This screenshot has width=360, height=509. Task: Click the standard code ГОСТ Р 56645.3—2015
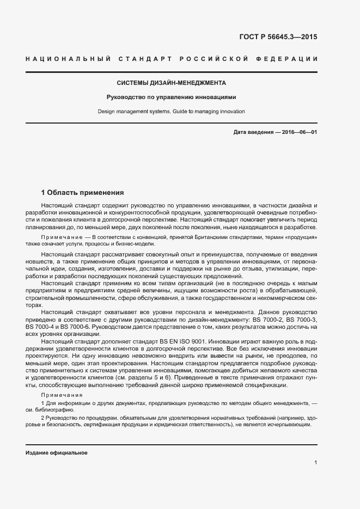(x=278, y=38)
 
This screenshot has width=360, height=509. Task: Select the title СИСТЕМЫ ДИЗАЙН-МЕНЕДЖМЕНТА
(x=172, y=83)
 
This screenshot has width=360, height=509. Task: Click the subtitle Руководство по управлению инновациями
(x=172, y=97)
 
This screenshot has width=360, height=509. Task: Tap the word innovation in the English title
(x=231, y=111)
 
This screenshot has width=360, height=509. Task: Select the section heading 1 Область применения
(x=83, y=192)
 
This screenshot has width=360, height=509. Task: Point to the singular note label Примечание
(x=60, y=238)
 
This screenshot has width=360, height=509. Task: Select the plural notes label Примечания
(x=62, y=395)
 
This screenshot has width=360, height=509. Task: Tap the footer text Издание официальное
(x=57, y=453)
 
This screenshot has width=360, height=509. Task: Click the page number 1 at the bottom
(x=316, y=463)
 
